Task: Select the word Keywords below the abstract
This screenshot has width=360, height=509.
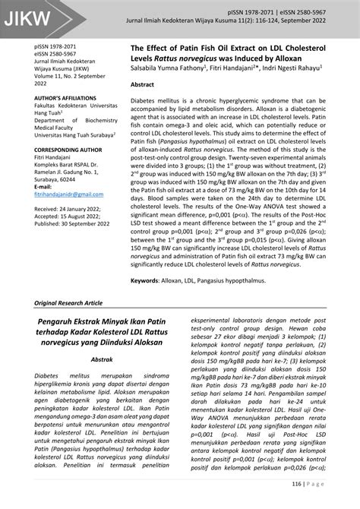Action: [x=150, y=280]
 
